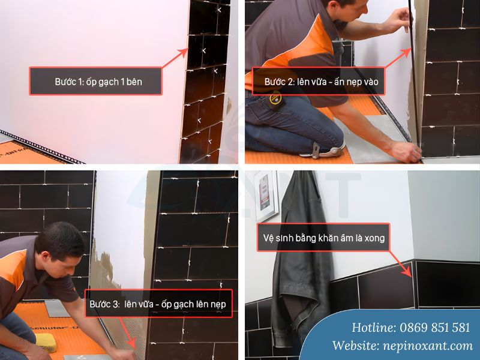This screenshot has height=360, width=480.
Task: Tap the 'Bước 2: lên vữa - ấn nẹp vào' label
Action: pyautogui.click(x=319, y=82)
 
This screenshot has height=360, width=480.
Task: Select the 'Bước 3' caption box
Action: pyautogui.click(x=158, y=304)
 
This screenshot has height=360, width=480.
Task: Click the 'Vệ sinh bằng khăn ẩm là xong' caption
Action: pyautogui.click(x=323, y=238)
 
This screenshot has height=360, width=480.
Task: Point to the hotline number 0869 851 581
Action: pyautogui.click(x=434, y=328)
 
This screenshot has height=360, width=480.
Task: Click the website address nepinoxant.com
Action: pyautogui.click(x=428, y=346)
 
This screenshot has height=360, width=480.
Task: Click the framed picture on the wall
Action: pyautogui.click(x=267, y=196)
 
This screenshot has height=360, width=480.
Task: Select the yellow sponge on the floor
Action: pyautogui.click(x=46, y=343)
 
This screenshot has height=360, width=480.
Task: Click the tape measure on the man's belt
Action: pyautogui.click(x=276, y=99)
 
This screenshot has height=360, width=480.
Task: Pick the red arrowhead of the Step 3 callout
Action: pyautogui.click(x=132, y=343)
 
